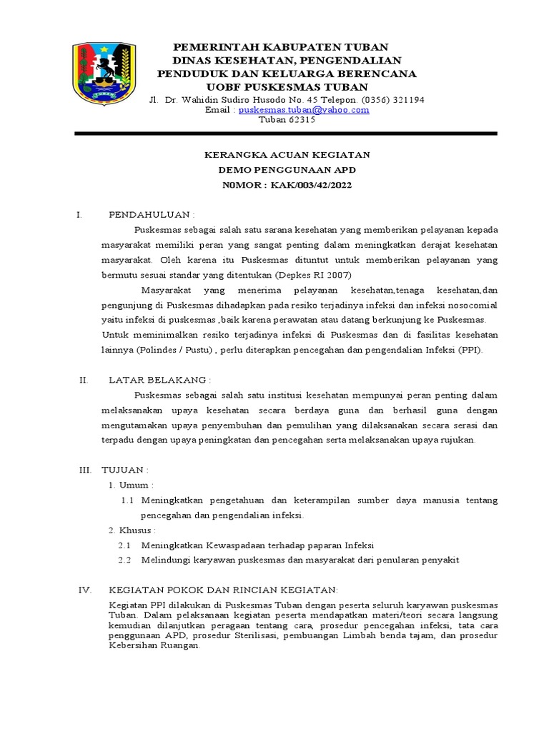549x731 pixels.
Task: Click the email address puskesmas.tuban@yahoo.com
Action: tap(304, 110)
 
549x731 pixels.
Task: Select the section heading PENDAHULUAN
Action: tap(151, 214)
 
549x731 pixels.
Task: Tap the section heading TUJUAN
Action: tap(127, 470)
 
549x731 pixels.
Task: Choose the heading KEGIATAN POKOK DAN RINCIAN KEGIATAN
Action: tap(222, 590)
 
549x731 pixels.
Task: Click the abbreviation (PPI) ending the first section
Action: tap(470, 350)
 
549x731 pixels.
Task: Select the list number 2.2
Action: tap(124, 560)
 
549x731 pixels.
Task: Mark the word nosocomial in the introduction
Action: tap(471, 305)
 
